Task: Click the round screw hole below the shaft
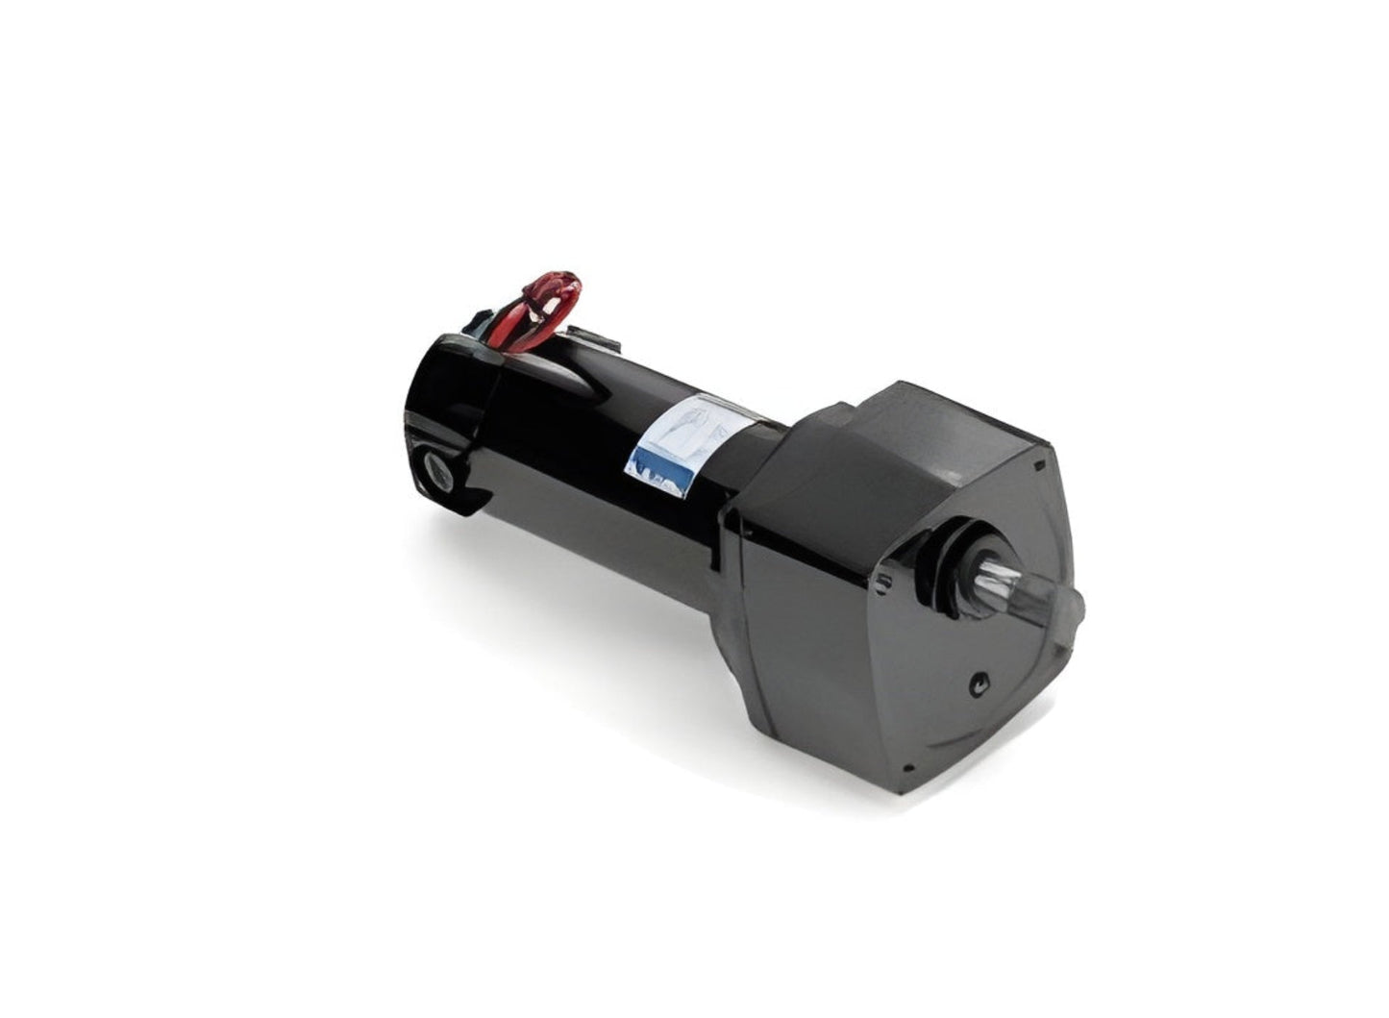[x=978, y=683]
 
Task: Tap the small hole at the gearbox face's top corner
[x=1039, y=465]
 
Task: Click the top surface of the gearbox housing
[x=923, y=423]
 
